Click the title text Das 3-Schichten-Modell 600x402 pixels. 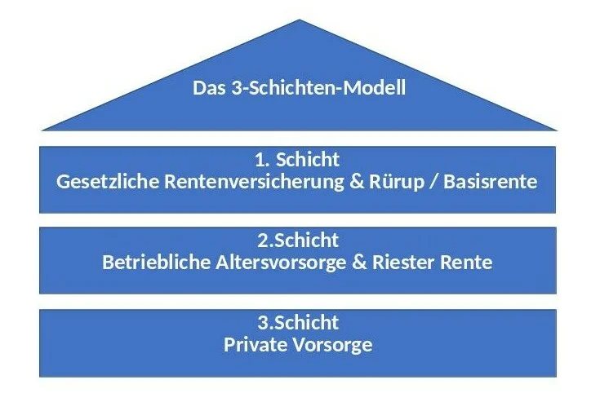point(299,88)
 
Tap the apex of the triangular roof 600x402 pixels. point(300,20)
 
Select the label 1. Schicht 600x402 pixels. point(297,159)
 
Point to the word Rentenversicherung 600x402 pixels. point(254,182)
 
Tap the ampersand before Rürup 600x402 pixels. point(357,182)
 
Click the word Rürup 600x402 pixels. point(397,183)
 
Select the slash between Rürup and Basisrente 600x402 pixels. point(433,183)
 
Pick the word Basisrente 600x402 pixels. point(490,182)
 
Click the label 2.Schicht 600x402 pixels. point(298,241)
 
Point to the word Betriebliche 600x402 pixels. point(156,263)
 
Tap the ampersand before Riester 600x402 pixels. point(359,263)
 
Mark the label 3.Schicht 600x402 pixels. point(298,323)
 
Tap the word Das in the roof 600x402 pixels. point(209,88)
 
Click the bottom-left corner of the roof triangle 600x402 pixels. point(42,130)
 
